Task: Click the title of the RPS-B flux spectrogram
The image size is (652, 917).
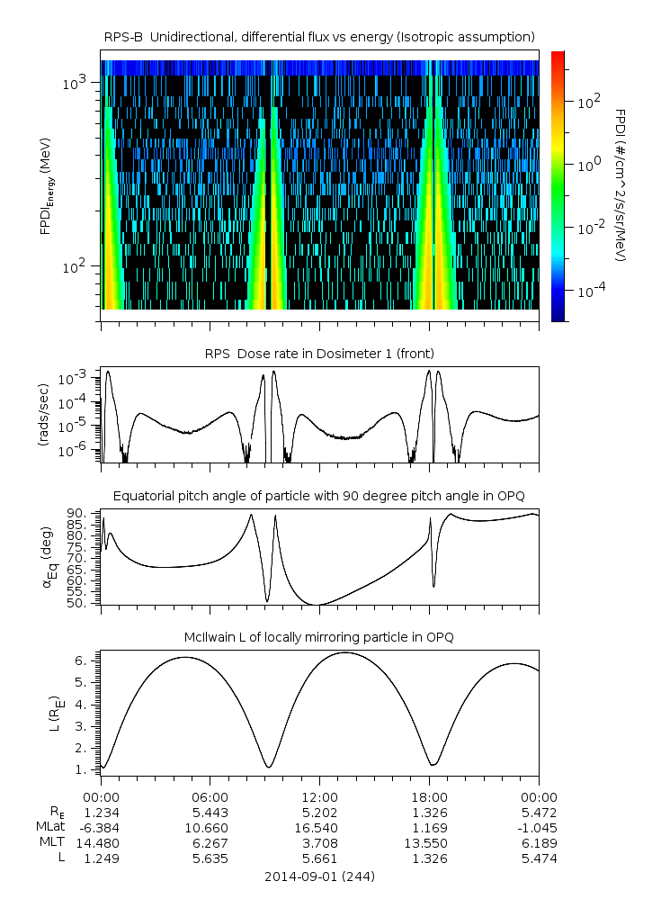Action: click(319, 36)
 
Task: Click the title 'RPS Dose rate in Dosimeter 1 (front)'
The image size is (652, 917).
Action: click(319, 352)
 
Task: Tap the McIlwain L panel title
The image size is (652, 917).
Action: click(319, 637)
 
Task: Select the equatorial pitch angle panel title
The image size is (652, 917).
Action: click(319, 496)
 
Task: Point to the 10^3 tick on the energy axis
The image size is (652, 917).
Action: click(74, 83)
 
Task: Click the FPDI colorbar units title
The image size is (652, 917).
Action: click(621, 185)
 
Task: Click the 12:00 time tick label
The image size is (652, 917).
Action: click(319, 796)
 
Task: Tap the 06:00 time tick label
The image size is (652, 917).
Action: click(210, 796)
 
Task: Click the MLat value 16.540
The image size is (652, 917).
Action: click(319, 827)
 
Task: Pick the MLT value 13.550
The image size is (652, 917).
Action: click(429, 842)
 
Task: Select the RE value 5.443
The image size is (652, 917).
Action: click(210, 812)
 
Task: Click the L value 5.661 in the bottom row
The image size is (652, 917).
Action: click(319, 858)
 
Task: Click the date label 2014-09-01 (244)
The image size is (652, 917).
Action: click(319, 876)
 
